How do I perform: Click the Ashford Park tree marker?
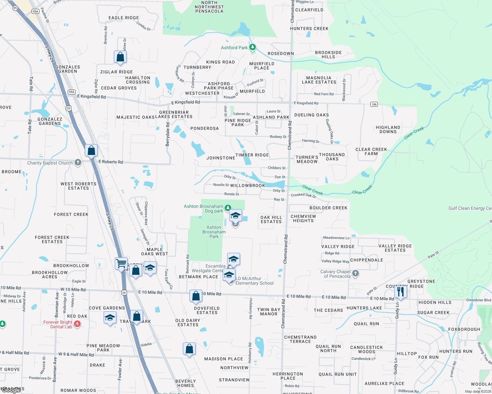[252, 47]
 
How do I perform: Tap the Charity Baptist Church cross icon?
[78, 162]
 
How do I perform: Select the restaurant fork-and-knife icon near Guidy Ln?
[400, 292]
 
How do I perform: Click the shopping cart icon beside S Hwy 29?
[121, 263]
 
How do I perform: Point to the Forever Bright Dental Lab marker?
[77, 324]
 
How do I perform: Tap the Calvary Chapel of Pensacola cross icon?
[355, 273]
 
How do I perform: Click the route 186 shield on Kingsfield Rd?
[374, 104]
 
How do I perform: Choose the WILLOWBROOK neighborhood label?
[247, 186]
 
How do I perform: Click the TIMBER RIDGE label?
[252, 155]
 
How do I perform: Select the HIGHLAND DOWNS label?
[388, 129]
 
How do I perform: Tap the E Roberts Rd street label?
[111, 162]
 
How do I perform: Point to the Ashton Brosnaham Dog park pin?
[228, 208]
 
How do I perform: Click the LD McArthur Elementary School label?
[254, 281]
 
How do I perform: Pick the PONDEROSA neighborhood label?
[205, 128]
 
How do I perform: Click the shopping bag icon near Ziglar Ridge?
[120, 57]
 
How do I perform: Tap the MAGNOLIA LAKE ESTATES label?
[319, 80]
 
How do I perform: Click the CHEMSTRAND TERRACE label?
[300, 339]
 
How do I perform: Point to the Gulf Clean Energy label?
[470, 208]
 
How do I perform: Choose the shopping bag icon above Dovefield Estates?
[196, 296]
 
